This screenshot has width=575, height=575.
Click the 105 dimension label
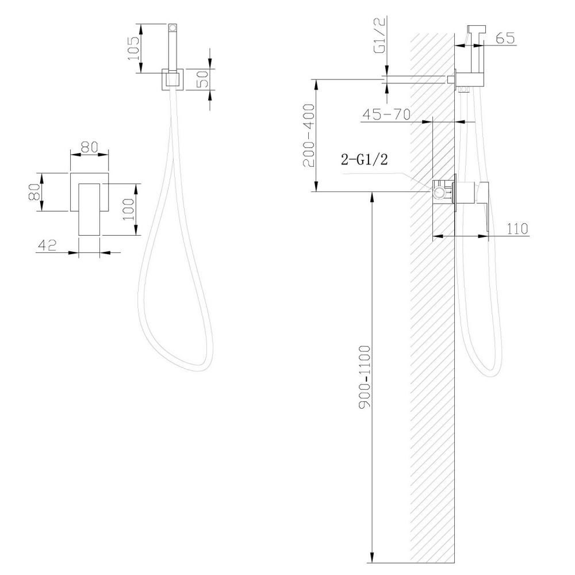click(134, 48)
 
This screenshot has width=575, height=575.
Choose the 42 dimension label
click(47, 245)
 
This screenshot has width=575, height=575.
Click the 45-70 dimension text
click(386, 114)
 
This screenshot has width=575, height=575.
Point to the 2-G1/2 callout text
click(365, 160)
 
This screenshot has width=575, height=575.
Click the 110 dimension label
click(517, 228)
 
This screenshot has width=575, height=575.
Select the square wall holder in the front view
click(171, 79)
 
